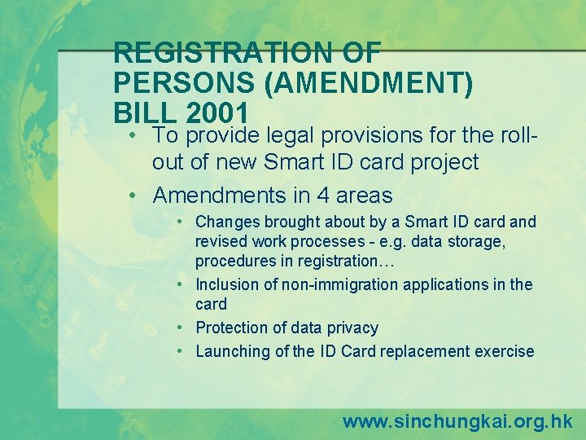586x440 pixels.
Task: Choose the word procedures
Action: pyautogui.click(x=232, y=261)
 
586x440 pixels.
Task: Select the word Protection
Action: pyautogui.click(x=232, y=328)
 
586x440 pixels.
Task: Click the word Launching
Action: pyautogui.click(x=233, y=351)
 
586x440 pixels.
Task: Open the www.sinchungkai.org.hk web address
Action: pyautogui.click(x=457, y=421)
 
